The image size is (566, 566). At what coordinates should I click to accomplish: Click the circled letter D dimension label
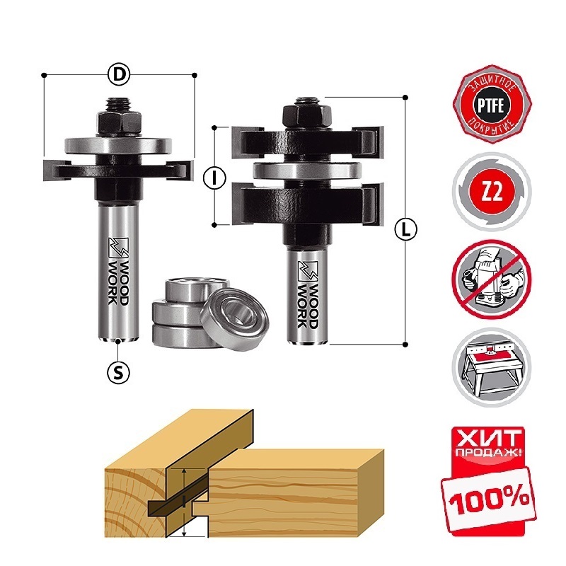[119, 75]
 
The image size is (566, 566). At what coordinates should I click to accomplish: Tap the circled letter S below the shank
[119, 372]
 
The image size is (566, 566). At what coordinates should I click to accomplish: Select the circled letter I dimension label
[215, 178]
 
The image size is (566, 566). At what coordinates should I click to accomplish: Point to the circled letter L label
[405, 229]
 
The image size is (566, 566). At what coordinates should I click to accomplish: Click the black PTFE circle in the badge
[491, 105]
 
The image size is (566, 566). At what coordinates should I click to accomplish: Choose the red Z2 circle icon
[492, 191]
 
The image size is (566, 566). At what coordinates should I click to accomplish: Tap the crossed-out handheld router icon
[491, 278]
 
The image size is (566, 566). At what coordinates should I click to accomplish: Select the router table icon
[491, 367]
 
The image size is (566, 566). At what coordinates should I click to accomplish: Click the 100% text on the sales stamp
[490, 499]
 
